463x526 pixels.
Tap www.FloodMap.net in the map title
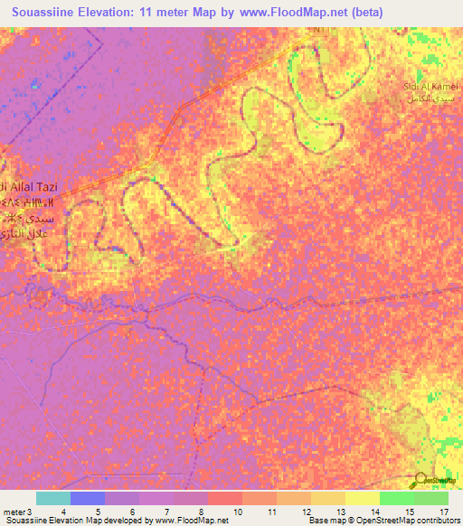coord(290,12)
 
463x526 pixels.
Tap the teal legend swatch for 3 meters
coord(53,498)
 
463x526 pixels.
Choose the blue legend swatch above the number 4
coord(88,498)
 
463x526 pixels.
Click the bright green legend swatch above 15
coord(397,498)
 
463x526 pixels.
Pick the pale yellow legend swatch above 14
coord(363,498)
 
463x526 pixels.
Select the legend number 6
coord(132,512)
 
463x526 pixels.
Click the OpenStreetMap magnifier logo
coord(422,480)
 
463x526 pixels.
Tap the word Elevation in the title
coord(109,12)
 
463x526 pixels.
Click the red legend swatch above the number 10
coord(225,498)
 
